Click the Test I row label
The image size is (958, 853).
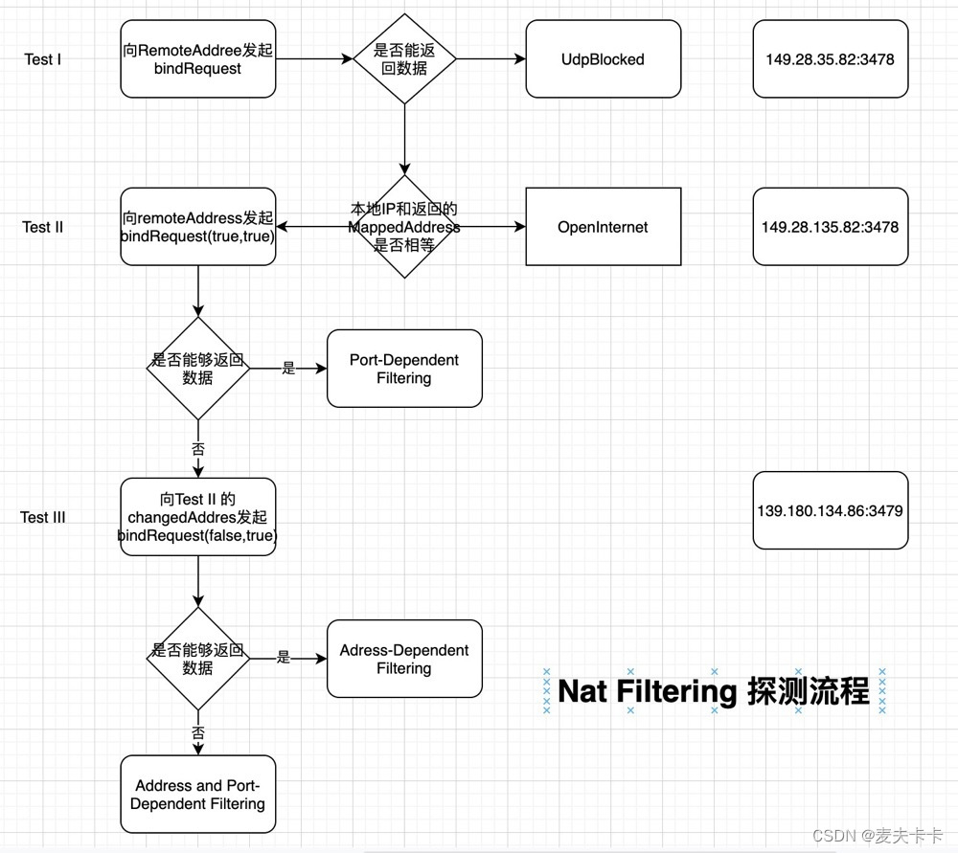[43, 59]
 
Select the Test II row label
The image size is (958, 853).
[43, 227]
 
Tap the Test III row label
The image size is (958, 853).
[43, 517]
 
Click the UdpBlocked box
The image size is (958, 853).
[603, 59]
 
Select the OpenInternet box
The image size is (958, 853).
[603, 227]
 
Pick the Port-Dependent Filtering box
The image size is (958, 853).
[404, 369]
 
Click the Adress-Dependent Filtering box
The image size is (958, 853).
[404, 659]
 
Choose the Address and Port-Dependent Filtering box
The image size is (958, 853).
[197, 795]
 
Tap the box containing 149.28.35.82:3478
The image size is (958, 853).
[830, 59]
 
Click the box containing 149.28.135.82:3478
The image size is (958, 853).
[830, 227]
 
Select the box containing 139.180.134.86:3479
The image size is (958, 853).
[830, 510]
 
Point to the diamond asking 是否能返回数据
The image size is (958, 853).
[404, 59]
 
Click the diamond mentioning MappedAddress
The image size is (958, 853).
[404, 227]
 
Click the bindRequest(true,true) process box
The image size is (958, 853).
[197, 227]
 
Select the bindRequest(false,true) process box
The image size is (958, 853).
[197, 517]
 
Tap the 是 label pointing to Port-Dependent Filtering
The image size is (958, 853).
[288, 368]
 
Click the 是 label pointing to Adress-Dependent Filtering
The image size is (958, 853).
[284, 658]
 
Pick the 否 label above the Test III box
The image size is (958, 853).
[198, 448]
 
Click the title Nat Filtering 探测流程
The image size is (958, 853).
[714, 690]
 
